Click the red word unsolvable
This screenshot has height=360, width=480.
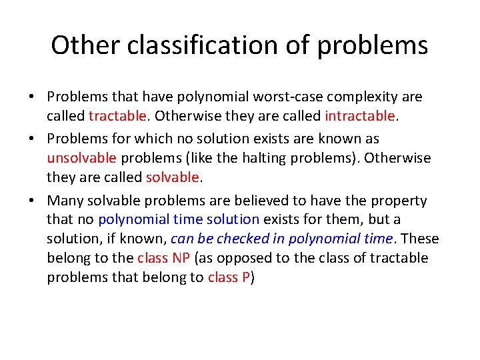click(81, 158)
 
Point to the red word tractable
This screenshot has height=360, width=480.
click(117, 116)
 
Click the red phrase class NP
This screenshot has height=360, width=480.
click(162, 258)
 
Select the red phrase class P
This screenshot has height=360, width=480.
click(228, 277)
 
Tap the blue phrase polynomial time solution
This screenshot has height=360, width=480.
click(179, 219)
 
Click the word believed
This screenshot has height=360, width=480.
click(247, 200)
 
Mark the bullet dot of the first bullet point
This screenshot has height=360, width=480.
click(32, 97)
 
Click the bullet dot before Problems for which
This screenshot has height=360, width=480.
click(32, 139)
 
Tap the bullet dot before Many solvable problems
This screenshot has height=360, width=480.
click(32, 201)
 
